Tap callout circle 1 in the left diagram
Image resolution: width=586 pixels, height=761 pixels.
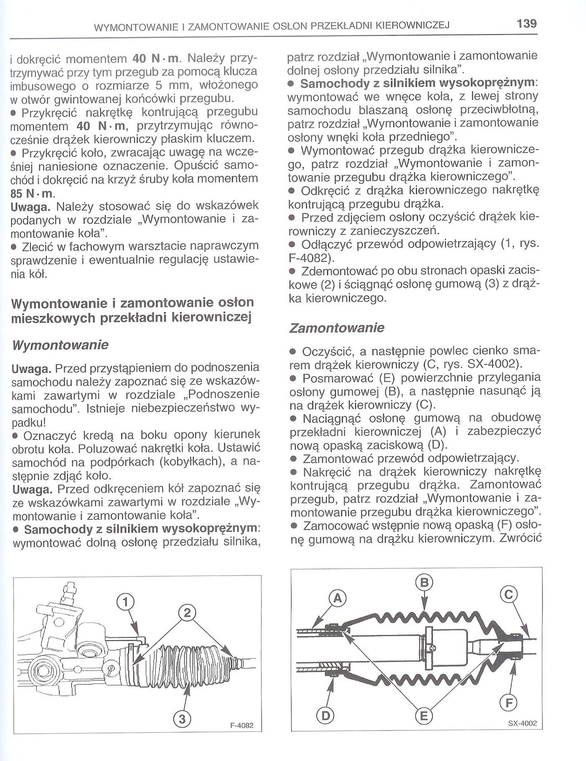point(126,602)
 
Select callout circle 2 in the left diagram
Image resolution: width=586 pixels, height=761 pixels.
point(187,613)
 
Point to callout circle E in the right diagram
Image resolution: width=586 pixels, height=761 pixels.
point(424,716)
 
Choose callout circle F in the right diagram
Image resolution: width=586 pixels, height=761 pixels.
point(509,702)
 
